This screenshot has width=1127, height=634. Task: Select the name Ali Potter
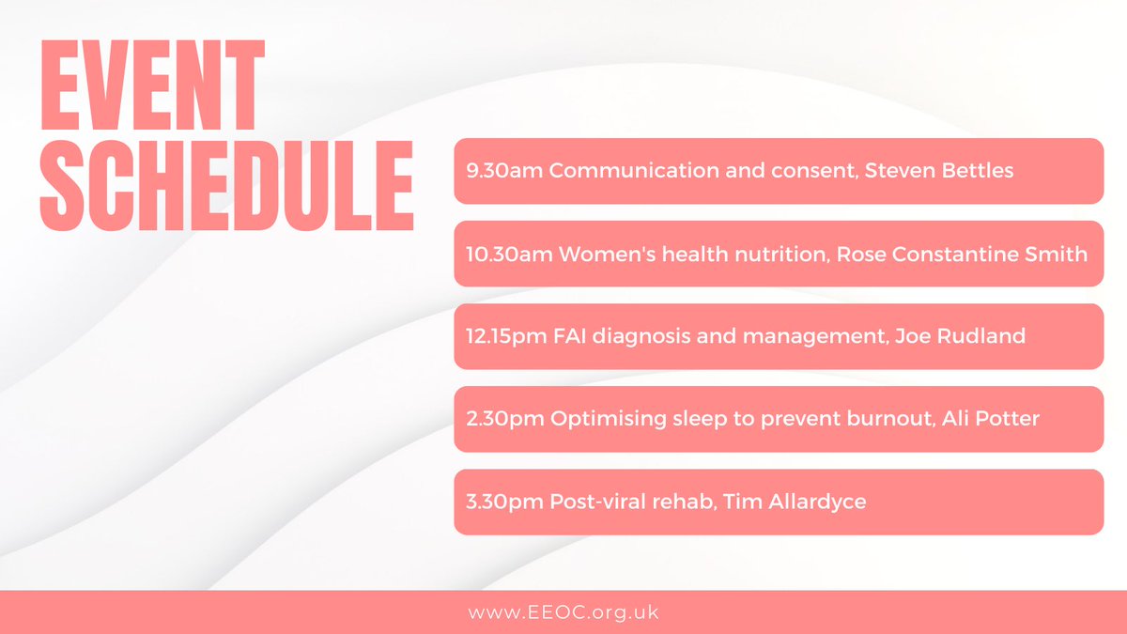tap(995, 419)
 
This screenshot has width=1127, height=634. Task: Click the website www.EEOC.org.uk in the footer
tap(563, 612)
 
